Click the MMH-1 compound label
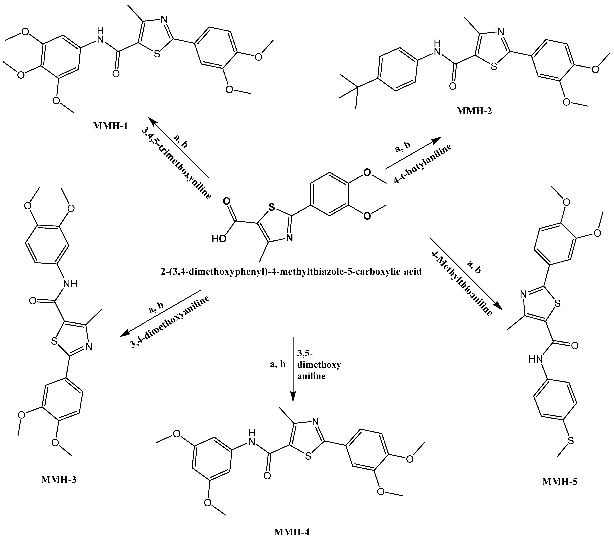point(110,126)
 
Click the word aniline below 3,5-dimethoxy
point(311,376)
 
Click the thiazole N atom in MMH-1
point(164,20)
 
